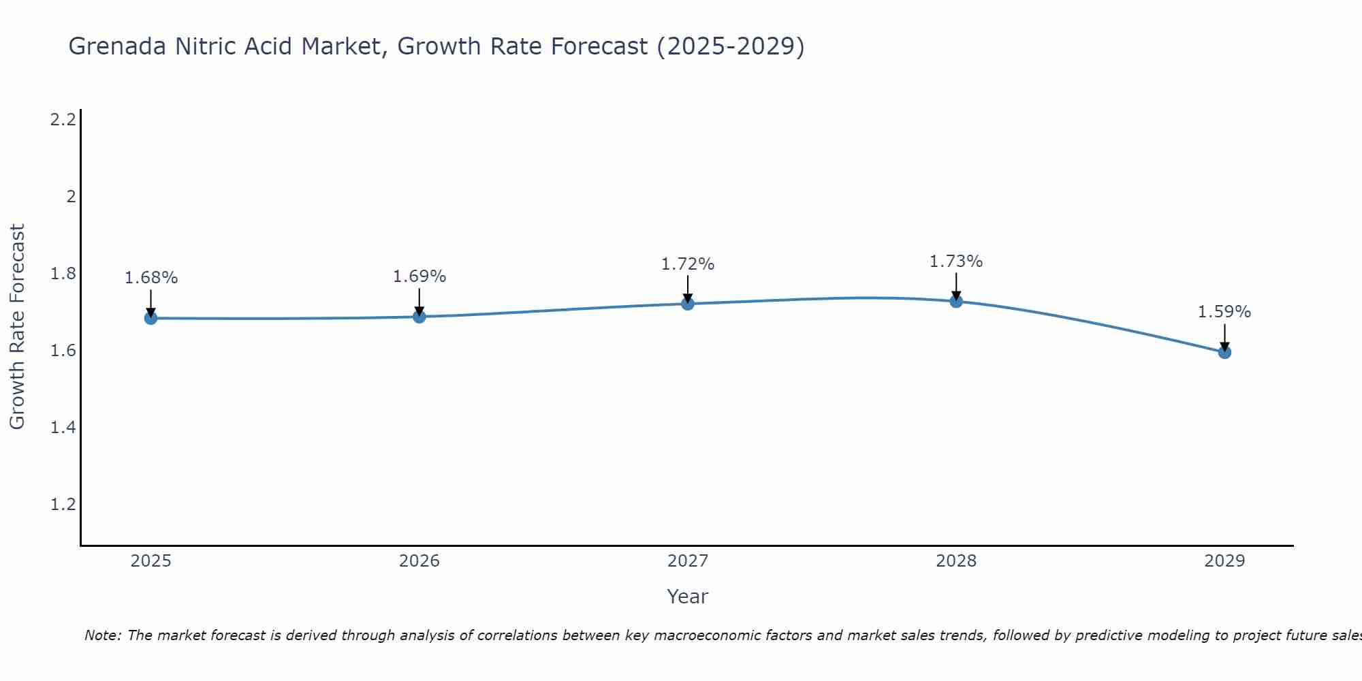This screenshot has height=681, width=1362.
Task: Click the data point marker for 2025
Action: [x=151, y=318]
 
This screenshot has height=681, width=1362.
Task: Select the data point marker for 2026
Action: [x=419, y=317]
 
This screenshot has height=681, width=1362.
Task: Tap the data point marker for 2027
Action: [x=687, y=304]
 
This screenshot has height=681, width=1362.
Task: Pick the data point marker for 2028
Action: [x=955, y=301]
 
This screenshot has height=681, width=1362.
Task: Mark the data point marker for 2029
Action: [x=1224, y=352]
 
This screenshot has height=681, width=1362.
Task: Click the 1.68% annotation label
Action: [x=151, y=278]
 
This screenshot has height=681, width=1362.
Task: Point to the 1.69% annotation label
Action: [x=419, y=276]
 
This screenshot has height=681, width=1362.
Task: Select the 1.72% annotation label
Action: [x=687, y=264]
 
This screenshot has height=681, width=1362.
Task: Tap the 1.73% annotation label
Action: [x=955, y=262]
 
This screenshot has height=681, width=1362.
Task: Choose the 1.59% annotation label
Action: [x=1224, y=312]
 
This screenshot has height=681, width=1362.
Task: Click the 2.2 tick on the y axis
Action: [x=63, y=120]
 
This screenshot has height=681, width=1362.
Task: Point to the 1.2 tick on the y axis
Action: [x=63, y=505]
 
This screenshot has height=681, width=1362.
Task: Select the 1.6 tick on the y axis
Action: [x=63, y=351]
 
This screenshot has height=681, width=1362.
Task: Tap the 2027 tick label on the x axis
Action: [x=687, y=561]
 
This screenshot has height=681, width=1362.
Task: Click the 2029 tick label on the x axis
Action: [x=1224, y=561]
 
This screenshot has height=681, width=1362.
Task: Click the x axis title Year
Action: [x=687, y=597]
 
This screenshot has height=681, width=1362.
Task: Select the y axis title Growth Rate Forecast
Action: [x=17, y=327]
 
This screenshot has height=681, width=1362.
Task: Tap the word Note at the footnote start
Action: [x=101, y=635]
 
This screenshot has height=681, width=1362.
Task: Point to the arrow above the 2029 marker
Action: [x=1224, y=336]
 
